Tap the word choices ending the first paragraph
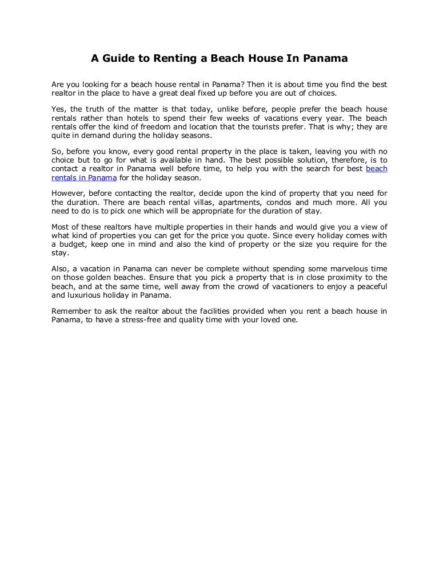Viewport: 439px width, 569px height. [323, 93]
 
